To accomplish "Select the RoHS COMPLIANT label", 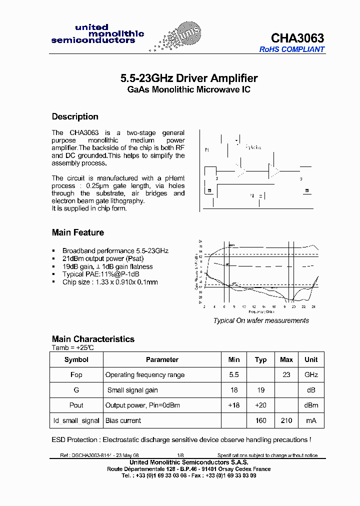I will [x=291, y=49].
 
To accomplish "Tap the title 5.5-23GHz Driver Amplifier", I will [x=189, y=78].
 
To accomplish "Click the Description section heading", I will [x=75, y=116].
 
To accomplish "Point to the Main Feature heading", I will [x=78, y=232].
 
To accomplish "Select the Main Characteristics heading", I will [x=93, y=339].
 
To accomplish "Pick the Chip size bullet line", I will [x=109, y=282].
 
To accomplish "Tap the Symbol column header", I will [x=76, y=359].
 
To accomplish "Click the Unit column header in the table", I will [x=311, y=359].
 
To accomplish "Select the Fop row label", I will [x=76, y=375].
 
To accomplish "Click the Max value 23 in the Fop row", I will [x=286, y=375].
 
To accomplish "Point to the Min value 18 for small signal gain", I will [x=234, y=390].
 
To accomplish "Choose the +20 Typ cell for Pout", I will [x=260, y=405].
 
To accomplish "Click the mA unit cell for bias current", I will [x=311, y=420].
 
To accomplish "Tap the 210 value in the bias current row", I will [x=286, y=420].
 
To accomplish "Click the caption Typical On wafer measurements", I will [x=261, y=320].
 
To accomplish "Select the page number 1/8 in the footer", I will [x=180, y=455].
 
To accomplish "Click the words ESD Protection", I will [x=74, y=440].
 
